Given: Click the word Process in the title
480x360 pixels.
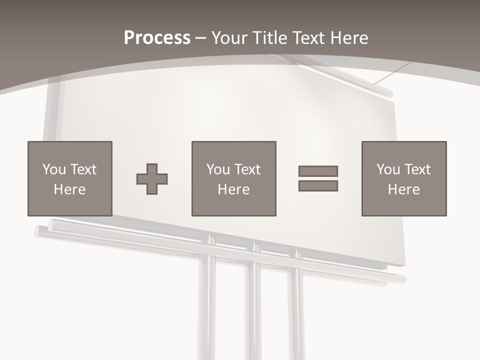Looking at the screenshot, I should coord(157,38).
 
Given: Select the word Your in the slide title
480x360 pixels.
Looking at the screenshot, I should coord(229,38).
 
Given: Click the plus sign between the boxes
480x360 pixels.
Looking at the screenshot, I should coord(152,179).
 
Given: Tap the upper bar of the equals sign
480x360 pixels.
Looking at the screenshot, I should coord(318,171).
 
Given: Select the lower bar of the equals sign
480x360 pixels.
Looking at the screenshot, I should coord(318,185).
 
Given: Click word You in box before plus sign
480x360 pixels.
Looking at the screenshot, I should coord(54,169).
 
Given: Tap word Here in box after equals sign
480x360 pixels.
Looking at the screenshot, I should coord(403,189).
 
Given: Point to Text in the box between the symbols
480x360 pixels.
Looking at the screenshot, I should coord(247,169).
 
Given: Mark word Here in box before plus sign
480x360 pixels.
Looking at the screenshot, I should coord(69,189).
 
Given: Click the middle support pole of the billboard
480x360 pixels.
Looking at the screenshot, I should coord(254,310).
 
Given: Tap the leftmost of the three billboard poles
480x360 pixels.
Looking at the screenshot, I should coord(206,310).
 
